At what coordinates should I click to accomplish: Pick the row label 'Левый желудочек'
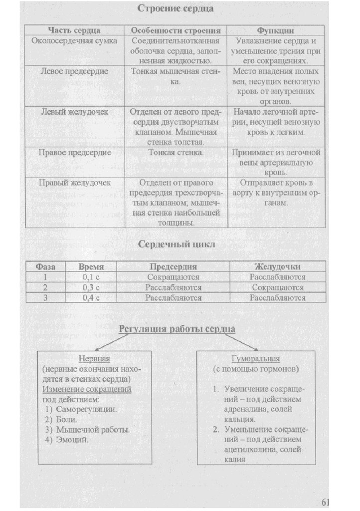point(74,112)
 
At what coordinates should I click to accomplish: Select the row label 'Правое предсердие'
point(74,152)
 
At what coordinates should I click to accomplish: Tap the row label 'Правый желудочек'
point(74,182)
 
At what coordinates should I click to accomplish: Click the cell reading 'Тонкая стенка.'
point(176,152)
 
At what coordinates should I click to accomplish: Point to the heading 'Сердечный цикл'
point(177,245)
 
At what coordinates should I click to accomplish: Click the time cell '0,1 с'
point(91,276)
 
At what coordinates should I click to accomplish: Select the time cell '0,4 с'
point(91,297)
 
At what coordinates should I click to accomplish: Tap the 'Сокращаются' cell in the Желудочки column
point(278,287)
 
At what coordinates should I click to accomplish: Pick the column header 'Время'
point(91,266)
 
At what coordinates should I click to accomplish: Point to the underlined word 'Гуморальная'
point(256,359)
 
